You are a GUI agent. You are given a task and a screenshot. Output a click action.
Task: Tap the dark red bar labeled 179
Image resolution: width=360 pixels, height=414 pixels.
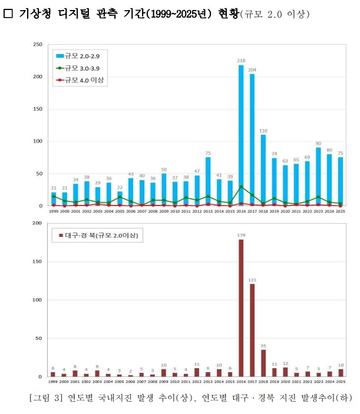(x=241, y=308)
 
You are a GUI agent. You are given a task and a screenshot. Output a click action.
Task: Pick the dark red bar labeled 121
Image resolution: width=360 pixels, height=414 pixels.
(x=252, y=330)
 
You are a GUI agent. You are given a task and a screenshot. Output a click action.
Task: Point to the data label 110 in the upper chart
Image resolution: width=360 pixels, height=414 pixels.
(x=263, y=130)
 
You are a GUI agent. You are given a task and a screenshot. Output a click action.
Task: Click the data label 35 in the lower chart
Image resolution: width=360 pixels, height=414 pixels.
(x=263, y=345)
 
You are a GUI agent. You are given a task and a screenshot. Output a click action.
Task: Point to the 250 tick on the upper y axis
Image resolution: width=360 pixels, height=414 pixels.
(x=37, y=45)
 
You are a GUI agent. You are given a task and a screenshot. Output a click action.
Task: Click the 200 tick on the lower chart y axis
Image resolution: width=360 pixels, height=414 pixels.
(x=37, y=224)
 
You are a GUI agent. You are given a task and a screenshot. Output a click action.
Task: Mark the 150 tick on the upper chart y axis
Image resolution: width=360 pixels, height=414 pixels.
(x=37, y=110)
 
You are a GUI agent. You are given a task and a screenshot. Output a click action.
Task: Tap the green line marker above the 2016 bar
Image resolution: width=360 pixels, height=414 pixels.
(x=241, y=187)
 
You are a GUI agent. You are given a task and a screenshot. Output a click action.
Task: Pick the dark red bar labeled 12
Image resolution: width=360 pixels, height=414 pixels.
(x=286, y=372)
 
